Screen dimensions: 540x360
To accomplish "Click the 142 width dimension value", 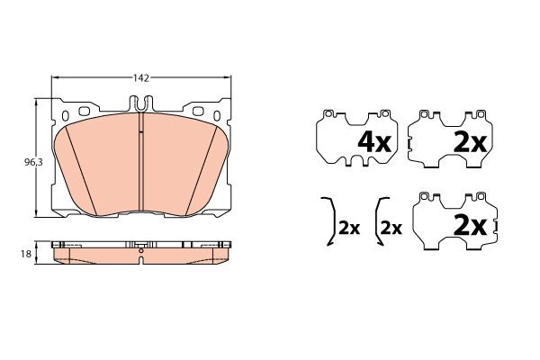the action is [x=141, y=78].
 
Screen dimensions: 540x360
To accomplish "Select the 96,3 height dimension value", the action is [x=33, y=162].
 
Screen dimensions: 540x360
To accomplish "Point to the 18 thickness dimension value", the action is [x=26, y=254].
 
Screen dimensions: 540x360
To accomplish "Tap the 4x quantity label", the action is [x=374, y=142].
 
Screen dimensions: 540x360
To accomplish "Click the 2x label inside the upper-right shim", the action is [x=470, y=142].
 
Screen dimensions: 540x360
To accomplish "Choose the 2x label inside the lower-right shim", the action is [x=470, y=226].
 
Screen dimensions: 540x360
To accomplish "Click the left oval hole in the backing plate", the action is [x=66, y=116].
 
